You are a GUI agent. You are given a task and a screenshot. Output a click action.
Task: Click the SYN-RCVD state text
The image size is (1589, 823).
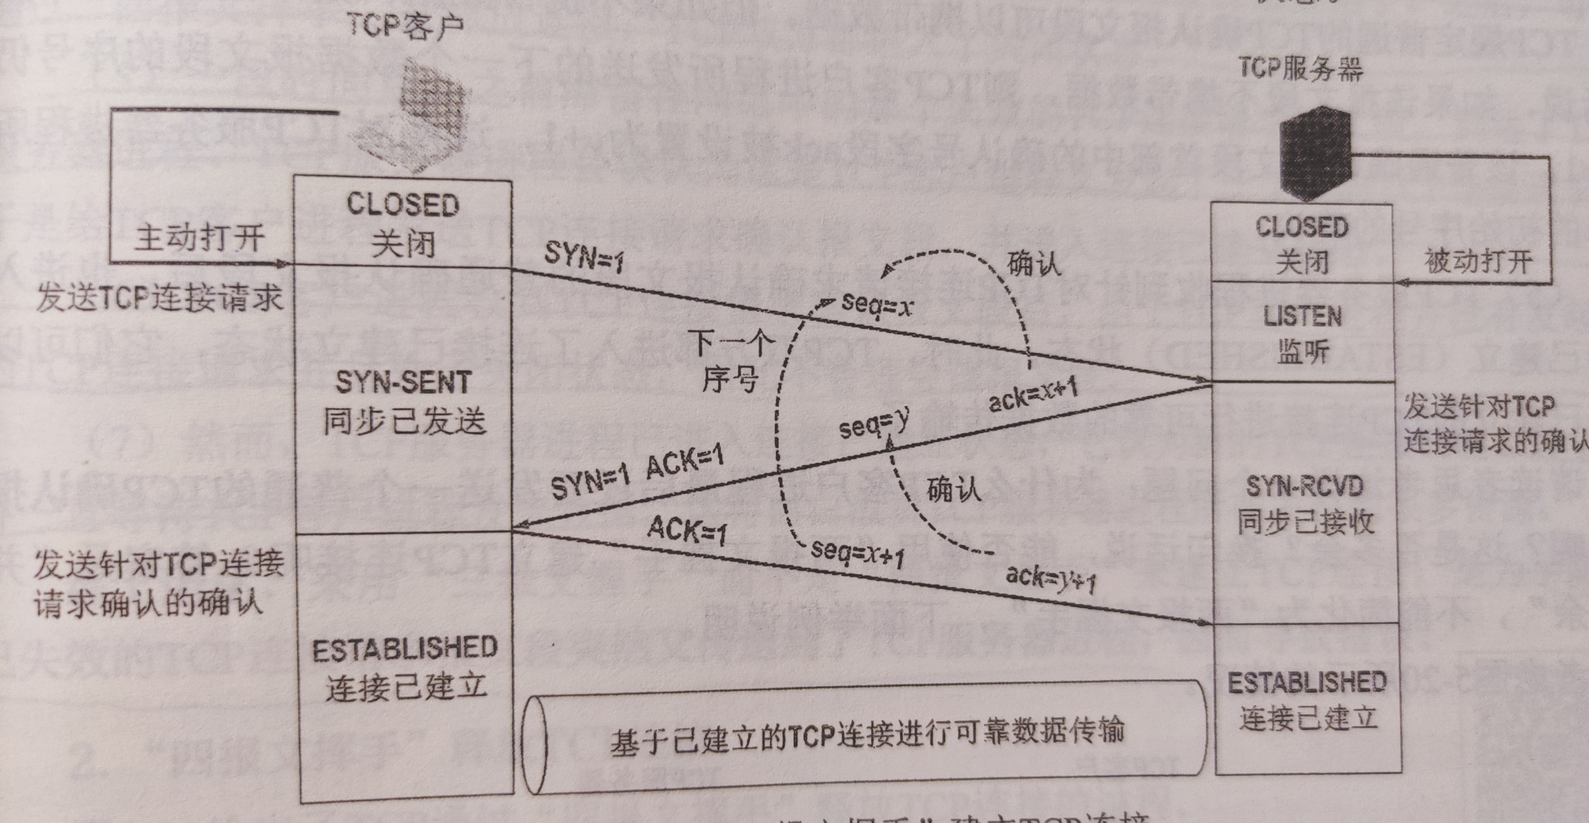click(x=1304, y=487)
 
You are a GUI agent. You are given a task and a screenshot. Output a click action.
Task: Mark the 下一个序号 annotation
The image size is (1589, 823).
click(x=731, y=361)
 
